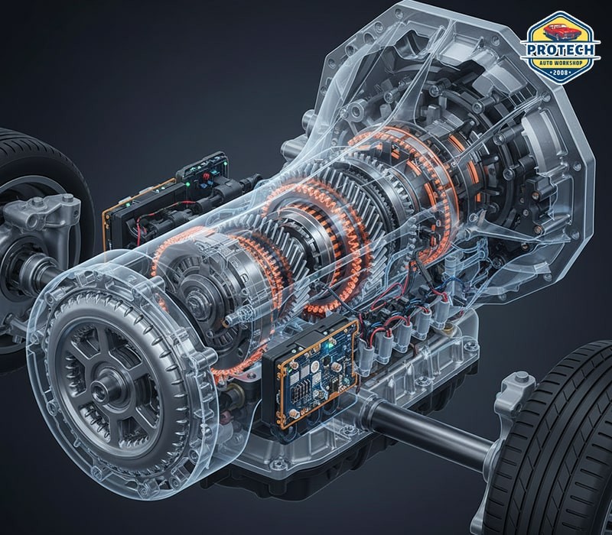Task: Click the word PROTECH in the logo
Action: pos(561,50)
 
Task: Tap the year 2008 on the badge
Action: pos(561,73)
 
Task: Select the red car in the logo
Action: pos(559,31)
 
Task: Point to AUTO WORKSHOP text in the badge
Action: pos(561,63)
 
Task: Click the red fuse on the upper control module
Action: pos(204,177)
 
